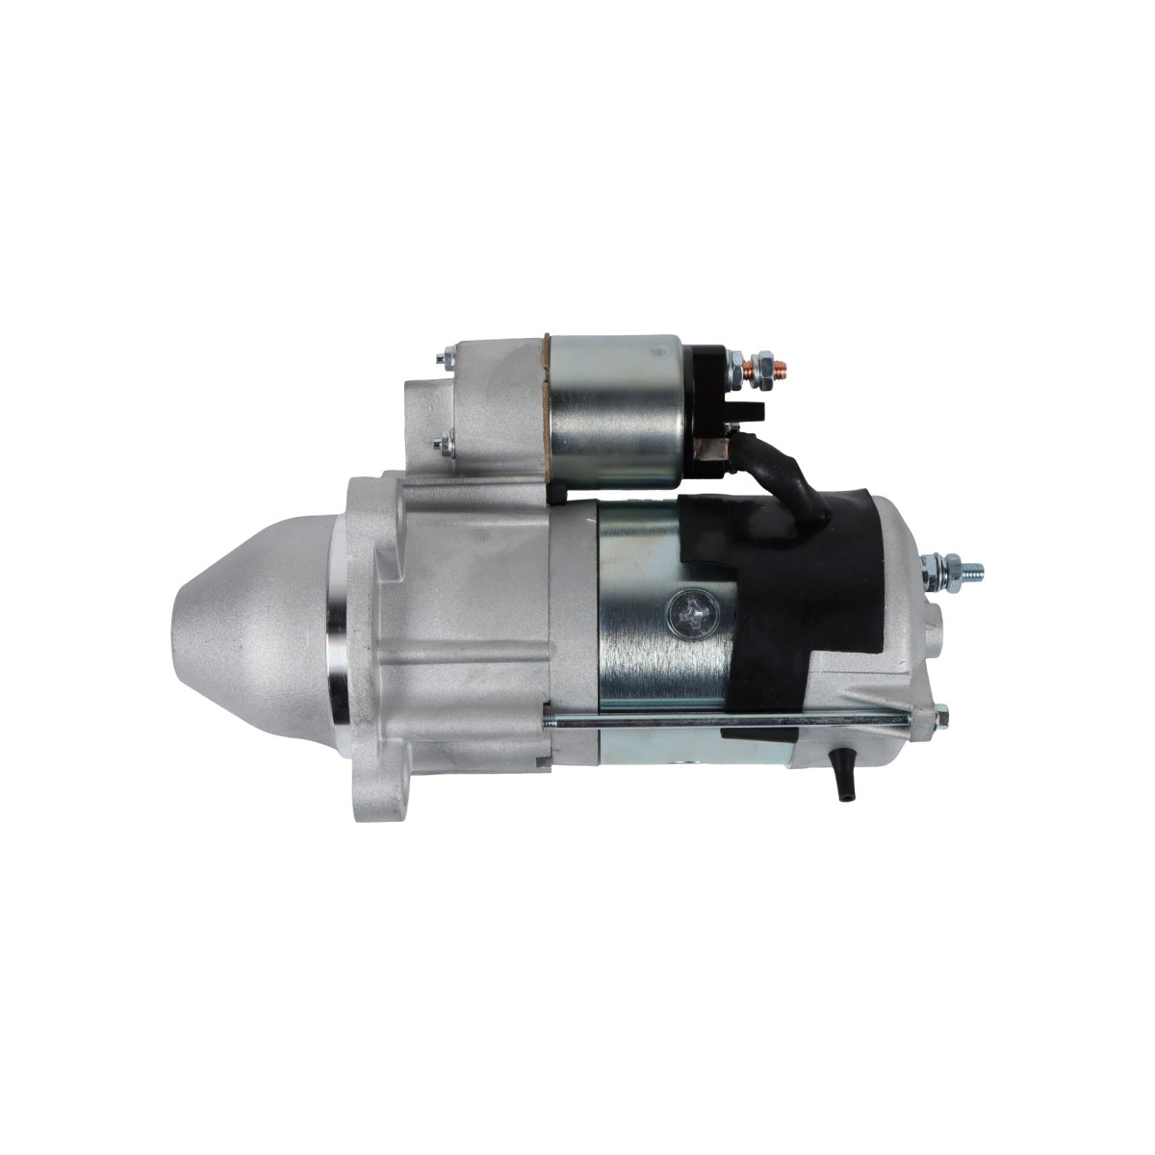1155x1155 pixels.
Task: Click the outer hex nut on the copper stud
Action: tap(759, 368)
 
